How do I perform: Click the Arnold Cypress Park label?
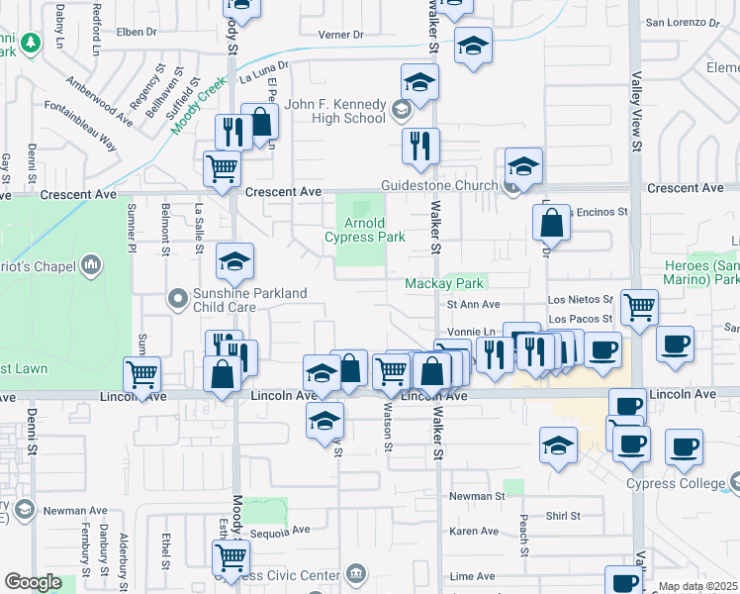(x=366, y=230)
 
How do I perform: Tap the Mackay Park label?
(x=444, y=283)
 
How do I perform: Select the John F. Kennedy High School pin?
(x=402, y=109)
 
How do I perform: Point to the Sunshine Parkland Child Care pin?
(x=178, y=297)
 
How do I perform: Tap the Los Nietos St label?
(x=584, y=298)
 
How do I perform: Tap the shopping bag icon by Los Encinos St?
(x=552, y=223)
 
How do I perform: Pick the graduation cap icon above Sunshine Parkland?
(x=234, y=261)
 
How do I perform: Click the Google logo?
(x=33, y=582)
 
